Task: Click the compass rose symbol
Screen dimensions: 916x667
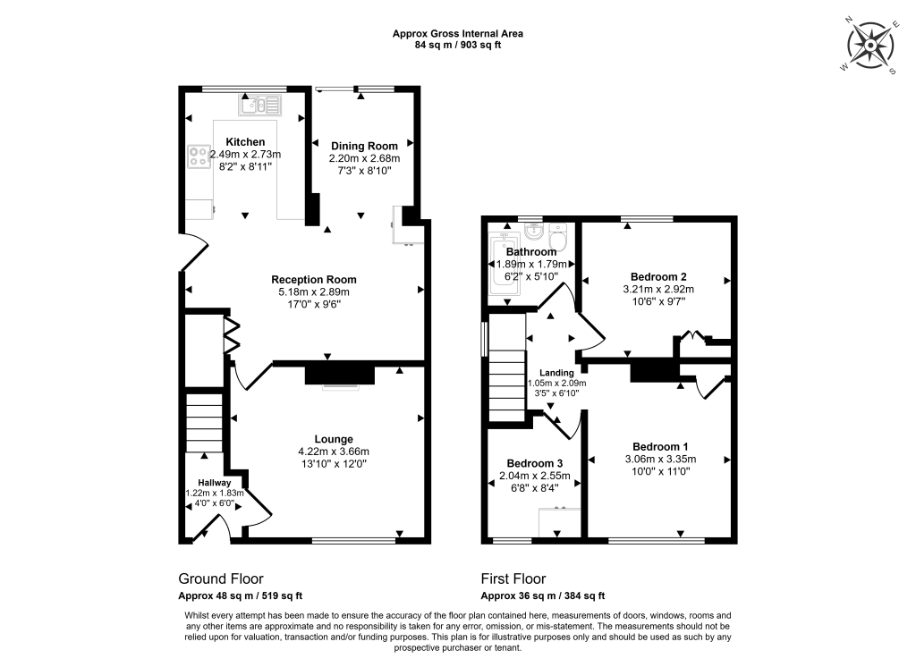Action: (x=870, y=46)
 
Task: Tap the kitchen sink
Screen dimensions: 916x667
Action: (x=260, y=106)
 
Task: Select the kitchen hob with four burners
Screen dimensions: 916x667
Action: (x=199, y=156)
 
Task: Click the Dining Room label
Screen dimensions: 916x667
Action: (x=364, y=146)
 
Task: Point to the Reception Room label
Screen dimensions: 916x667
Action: (x=314, y=279)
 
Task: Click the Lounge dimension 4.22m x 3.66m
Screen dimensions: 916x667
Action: (x=334, y=452)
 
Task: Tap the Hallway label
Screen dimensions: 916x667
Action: (x=215, y=483)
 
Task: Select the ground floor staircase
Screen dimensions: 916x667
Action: (x=204, y=422)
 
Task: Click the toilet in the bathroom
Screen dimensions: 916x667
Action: (x=558, y=237)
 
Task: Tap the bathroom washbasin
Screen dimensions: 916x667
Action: (x=533, y=232)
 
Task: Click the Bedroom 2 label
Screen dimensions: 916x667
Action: (x=658, y=277)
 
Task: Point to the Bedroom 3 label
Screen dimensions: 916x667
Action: (x=535, y=463)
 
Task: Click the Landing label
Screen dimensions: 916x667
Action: (x=556, y=373)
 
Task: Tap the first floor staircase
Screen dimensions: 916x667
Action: (x=507, y=385)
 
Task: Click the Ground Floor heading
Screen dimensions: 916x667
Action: (x=221, y=578)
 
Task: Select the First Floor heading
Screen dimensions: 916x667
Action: (x=513, y=578)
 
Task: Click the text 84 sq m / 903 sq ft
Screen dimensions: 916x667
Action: (x=457, y=45)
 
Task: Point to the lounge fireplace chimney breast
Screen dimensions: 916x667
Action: (x=339, y=375)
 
